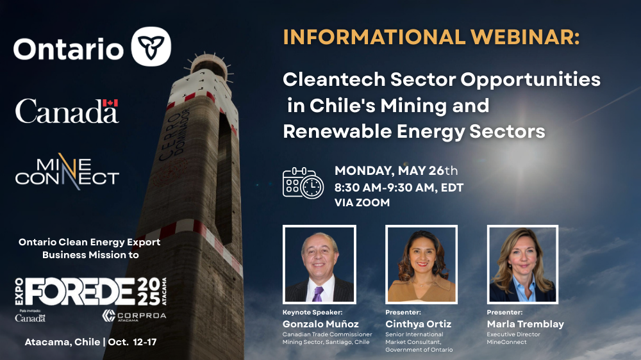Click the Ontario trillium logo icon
151,47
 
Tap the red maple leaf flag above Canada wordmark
110,102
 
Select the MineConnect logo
67,172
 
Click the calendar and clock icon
303,183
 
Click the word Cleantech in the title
334,79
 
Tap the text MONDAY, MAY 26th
396,170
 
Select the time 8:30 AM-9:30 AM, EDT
399,188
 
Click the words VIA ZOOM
362,202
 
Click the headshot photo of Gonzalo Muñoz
319,265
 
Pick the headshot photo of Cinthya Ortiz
422,265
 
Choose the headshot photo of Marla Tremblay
522,265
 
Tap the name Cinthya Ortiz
418,324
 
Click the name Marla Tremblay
526,324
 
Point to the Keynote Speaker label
312,312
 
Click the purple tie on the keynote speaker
318,294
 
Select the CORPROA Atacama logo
134,315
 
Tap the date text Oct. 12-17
132,342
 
